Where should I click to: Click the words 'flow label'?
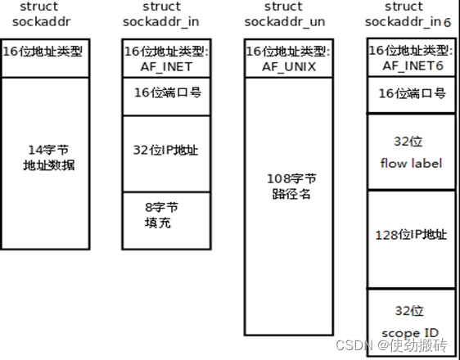tap(411, 164)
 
